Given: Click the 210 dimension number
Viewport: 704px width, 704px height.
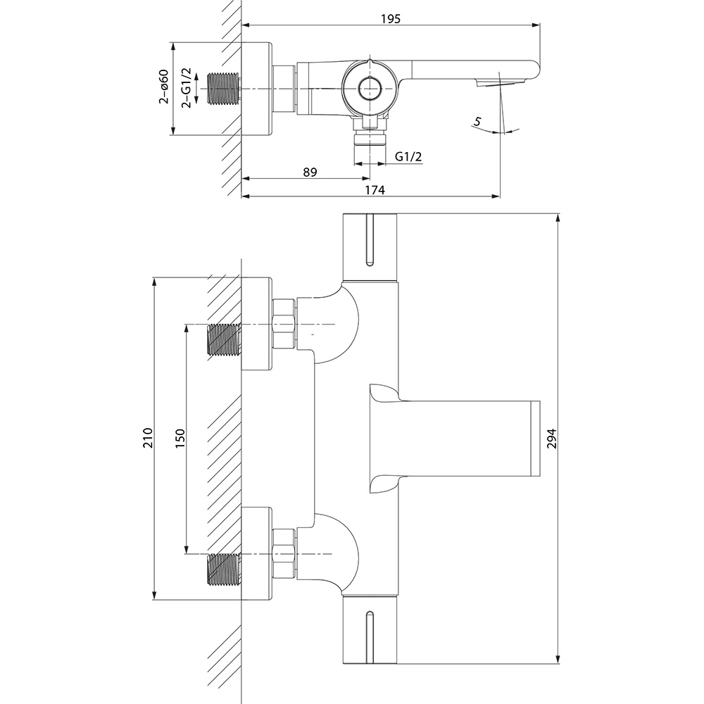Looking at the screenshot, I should [147, 439].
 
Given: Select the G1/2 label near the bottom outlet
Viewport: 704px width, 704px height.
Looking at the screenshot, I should [408, 156].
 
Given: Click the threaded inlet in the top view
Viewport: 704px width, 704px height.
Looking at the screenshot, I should [224, 88].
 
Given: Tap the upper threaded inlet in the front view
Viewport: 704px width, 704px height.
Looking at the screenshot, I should [224, 339].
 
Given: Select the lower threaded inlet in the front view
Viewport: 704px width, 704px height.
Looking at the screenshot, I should [224, 569].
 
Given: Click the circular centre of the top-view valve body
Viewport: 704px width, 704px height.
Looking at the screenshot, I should [368, 89].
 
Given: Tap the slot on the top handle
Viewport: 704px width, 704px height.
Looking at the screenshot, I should [370, 241].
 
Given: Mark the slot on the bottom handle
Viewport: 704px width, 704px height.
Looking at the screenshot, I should [370, 637].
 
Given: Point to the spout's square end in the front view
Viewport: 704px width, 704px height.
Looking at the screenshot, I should [534, 438].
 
